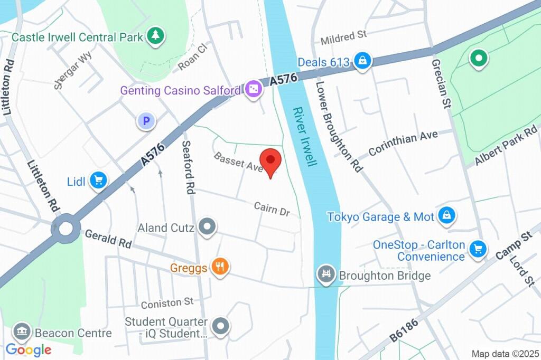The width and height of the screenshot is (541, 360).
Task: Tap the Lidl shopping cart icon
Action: [x=98, y=181]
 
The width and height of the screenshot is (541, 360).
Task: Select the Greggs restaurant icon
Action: [x=219, y=267]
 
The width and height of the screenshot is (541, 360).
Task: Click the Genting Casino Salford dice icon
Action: [x=254, y=90]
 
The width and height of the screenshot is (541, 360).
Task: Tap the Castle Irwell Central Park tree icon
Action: [x=156, y=36]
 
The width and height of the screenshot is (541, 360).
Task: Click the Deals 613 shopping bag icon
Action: [x=362, y=62]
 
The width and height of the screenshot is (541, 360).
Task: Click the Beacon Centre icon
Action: [x=22, y=333]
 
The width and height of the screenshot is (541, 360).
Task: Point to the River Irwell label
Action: [x=305, y=137]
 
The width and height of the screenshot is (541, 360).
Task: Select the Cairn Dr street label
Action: [x=272, y=209]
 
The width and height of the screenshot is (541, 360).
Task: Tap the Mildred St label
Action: [x=343, y=36]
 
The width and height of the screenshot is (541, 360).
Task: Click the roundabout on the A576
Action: [x=66, y=229]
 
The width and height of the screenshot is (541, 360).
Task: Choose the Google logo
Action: [x=29, y=349]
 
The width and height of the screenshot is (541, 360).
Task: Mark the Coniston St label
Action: [x=167, y=302]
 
